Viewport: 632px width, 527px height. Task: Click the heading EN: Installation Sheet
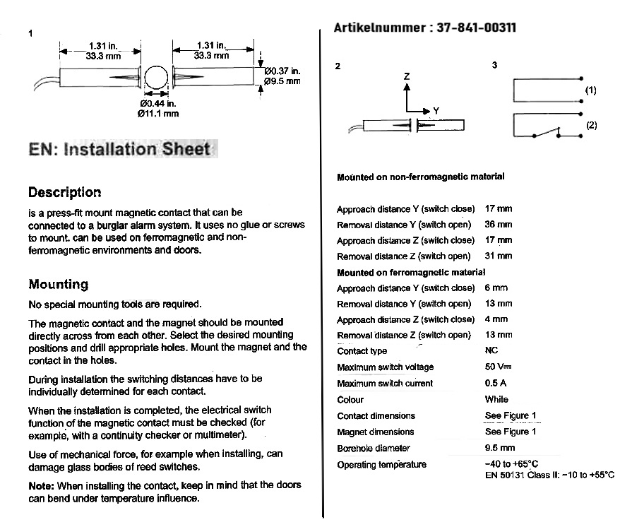click(x=119, y=149)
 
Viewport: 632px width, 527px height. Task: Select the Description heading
click(x=64, y=192)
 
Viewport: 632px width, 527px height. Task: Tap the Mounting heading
click(x=58, y=284)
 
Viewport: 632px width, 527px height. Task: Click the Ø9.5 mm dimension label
click(x=282, y=81)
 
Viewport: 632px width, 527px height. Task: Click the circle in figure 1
click(x=157, y=78)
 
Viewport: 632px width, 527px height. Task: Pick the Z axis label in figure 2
click(x=406, y=76)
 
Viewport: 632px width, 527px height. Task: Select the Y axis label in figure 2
click(x=436, y=111)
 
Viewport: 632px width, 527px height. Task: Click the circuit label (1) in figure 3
click(x=591, y=90)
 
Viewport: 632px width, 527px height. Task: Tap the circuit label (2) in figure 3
click(x=591, y=125)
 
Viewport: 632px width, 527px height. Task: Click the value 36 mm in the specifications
click(x=499, y=225)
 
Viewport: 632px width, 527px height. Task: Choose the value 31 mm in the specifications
click(x=499, y=256)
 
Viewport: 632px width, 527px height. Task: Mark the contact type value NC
click(x=492, y=350)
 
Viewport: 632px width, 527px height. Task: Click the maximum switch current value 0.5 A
click(x=496, y=383)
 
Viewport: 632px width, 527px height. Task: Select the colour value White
click(x=496, y=399)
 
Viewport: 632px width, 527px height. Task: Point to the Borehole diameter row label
click(x=373, y=448)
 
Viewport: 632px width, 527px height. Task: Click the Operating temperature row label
click(x=381, y=464)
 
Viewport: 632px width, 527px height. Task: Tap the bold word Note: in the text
click(x=42, y=485)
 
